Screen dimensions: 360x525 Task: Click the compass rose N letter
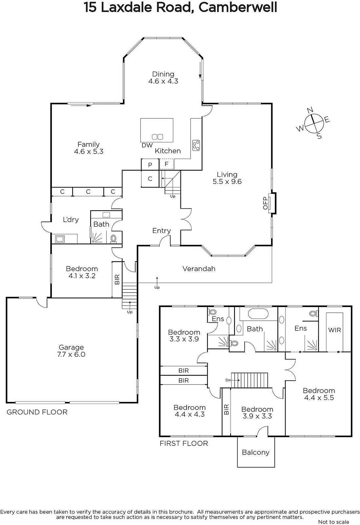(310, 110)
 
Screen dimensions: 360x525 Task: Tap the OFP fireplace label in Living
(265, 203)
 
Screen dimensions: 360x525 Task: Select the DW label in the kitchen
(147, 145)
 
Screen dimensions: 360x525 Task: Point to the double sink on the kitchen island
(157, 136)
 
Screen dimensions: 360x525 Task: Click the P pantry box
(150, 164)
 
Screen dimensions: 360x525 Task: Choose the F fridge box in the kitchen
(167, 164)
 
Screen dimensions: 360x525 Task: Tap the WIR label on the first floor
(334, 330)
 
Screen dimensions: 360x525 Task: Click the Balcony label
(255, 452)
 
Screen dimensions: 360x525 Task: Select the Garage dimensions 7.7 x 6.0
(71, 354)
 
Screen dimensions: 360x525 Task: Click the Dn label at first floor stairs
(228, 380)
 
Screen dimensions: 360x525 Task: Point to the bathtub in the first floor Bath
(258, 314)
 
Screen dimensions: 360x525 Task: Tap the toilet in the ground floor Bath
(113, 239)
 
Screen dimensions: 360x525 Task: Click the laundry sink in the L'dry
(59, 239)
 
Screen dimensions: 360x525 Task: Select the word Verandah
(199, 269)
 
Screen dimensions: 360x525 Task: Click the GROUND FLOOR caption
(37, 412)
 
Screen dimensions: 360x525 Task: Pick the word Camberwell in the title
(238, 8)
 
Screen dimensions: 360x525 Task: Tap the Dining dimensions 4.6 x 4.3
(163, 81)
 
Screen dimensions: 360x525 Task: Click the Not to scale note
(334, 522)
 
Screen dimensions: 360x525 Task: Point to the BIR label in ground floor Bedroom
(117, 279)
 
